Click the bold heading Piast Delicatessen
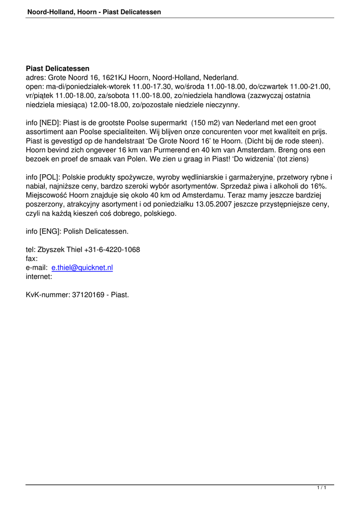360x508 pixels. tap(58, 68)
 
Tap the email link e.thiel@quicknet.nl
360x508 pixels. tap(82, 267)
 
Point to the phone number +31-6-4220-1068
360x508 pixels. tap(112, 250)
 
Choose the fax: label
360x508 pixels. tap(32, 258)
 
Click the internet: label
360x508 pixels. tap(39, 277)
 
